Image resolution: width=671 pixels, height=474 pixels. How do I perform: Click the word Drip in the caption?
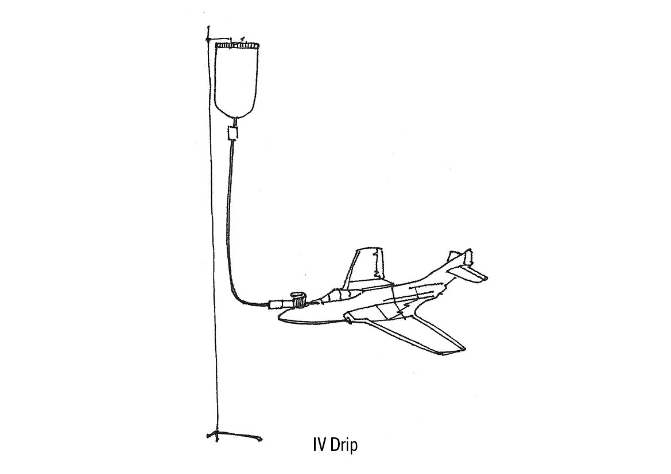point(343,446)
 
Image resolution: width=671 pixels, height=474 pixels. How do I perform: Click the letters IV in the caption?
point(319,445)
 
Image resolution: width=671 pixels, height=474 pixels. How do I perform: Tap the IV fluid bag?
point(236,80)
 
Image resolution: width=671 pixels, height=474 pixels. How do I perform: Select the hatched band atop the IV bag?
point(236,44)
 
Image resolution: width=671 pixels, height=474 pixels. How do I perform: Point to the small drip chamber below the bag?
point(233,134)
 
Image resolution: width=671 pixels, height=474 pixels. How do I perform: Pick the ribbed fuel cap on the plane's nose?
point(297,299)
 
